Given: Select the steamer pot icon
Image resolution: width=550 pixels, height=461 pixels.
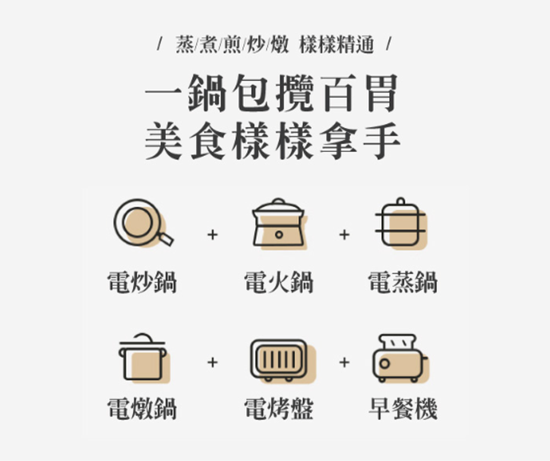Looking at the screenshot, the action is click(x=401, y=224).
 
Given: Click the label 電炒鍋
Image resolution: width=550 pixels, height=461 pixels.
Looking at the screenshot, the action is click(x=142, y=283).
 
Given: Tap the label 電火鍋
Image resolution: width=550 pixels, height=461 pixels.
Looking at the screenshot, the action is click(x=279, y=283).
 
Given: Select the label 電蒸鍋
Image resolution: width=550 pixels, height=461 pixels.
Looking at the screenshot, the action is click(x=403, y=283).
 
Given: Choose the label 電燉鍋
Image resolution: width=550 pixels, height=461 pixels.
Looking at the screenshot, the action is click(x=142, y=409).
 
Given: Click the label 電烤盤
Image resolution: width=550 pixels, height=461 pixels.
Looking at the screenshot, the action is click(x=279, y=409).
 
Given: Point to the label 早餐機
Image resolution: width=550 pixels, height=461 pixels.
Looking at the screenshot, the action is click(x=403, y=409).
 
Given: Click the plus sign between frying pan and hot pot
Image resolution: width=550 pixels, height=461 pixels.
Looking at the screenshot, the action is click(x=212, y=234).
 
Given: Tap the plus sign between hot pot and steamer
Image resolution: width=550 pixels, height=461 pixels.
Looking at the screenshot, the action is click(x=344, y=234).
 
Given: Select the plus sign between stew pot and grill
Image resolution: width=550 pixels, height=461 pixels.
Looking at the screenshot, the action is click(x=212, y=362).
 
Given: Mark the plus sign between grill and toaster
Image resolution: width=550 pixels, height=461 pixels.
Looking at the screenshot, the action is click(x=344, y=362).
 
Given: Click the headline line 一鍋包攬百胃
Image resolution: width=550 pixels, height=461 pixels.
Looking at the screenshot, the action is click(x=272, y=93).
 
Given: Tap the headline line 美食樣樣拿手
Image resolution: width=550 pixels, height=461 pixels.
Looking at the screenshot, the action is click(x=272, y=140).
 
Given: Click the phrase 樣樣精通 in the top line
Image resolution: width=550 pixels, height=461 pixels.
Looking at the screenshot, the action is click(x=337, y=45).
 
